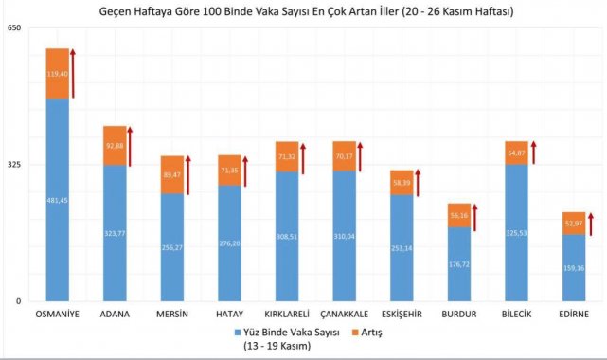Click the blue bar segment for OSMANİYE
click(58, 199)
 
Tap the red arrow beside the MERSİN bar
click(188, 174)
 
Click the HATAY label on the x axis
click(230, 314)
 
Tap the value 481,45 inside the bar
click(58, 201)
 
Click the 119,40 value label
click(58, 73)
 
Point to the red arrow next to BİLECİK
click(533, 153)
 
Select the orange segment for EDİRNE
click(574, 223)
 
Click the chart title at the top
click(304, 10)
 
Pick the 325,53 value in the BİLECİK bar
click(516, 232)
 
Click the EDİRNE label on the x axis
click(574, 314)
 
